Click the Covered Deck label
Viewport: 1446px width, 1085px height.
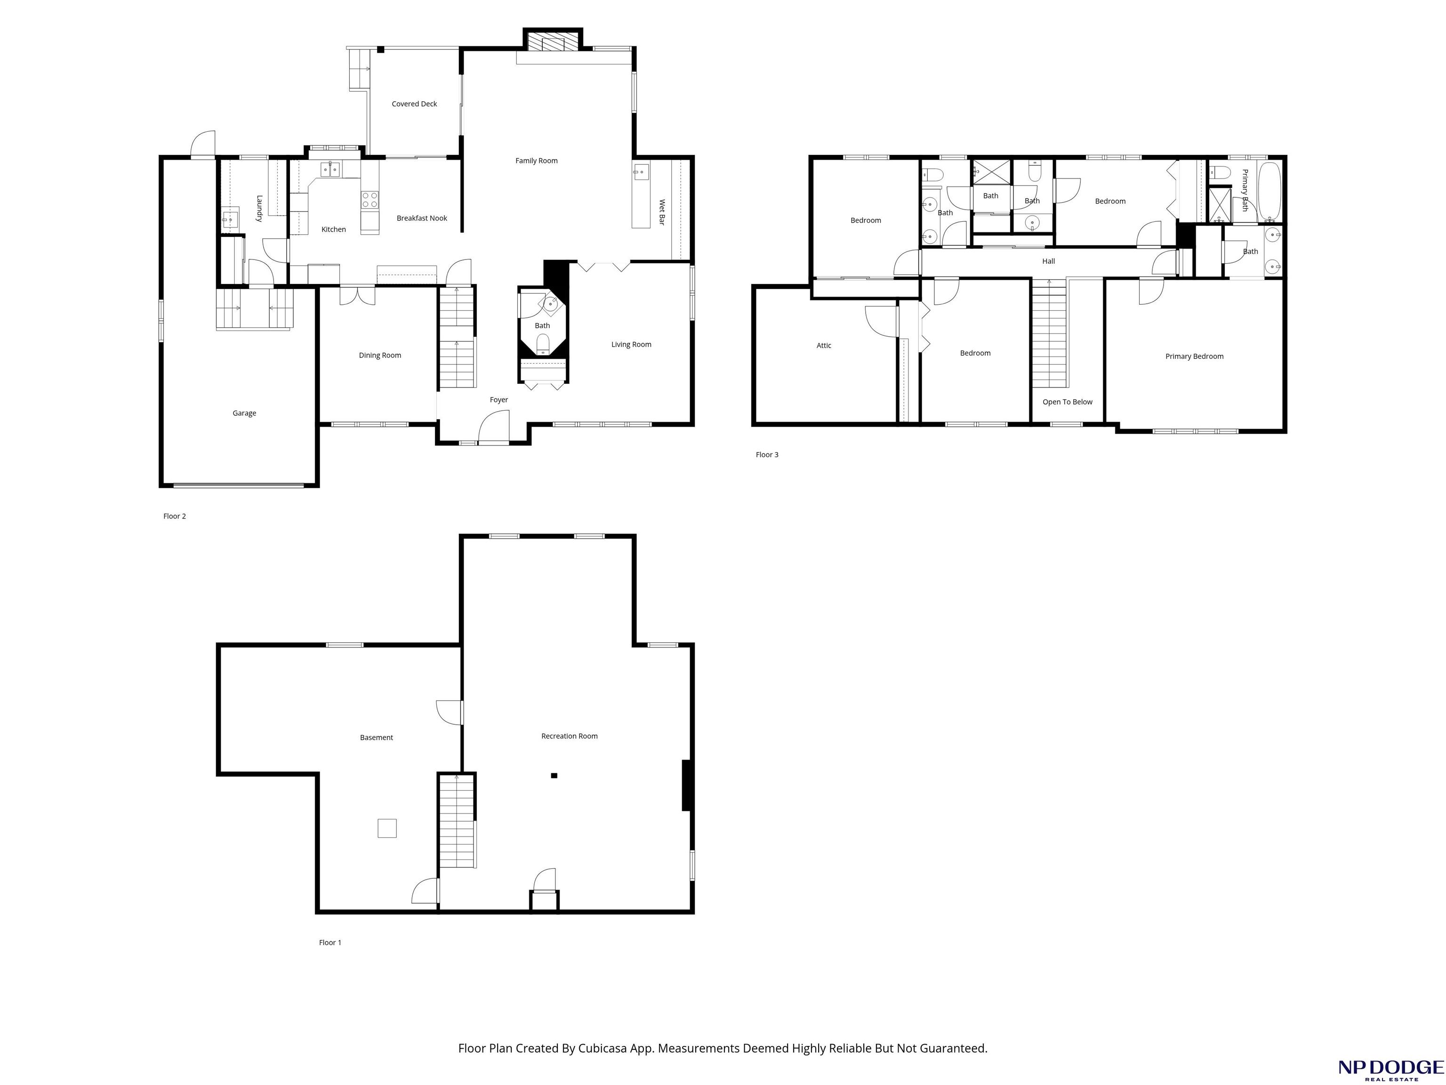(x=414, y=104)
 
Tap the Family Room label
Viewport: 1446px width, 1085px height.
(x=536, y=161)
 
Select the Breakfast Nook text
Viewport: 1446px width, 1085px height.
(x=422, y=219)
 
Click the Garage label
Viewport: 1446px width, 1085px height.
(x=244, y=413)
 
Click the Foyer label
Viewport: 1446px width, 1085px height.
(x=499, y=400)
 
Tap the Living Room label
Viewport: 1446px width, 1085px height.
(x=631, y=345)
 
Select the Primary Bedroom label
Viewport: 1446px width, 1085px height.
(x=1194, y=356)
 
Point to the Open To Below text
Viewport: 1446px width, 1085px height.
(x=1068, y=402)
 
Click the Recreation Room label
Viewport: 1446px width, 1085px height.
(x=570, y=737)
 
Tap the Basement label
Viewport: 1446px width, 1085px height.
(x=377, y=738)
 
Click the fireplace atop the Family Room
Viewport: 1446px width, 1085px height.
(x=553, y=40)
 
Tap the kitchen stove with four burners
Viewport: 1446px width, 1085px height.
(x=370, y=200)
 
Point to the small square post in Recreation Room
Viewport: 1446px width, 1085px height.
(x=554, y=776)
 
